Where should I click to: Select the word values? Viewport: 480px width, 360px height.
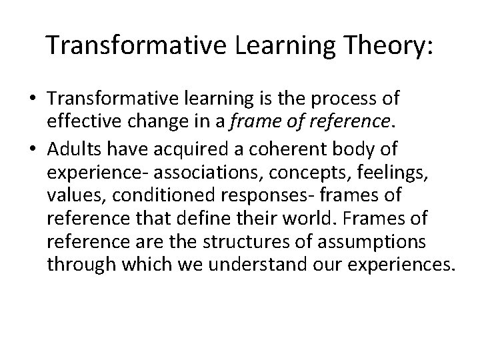71,185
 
